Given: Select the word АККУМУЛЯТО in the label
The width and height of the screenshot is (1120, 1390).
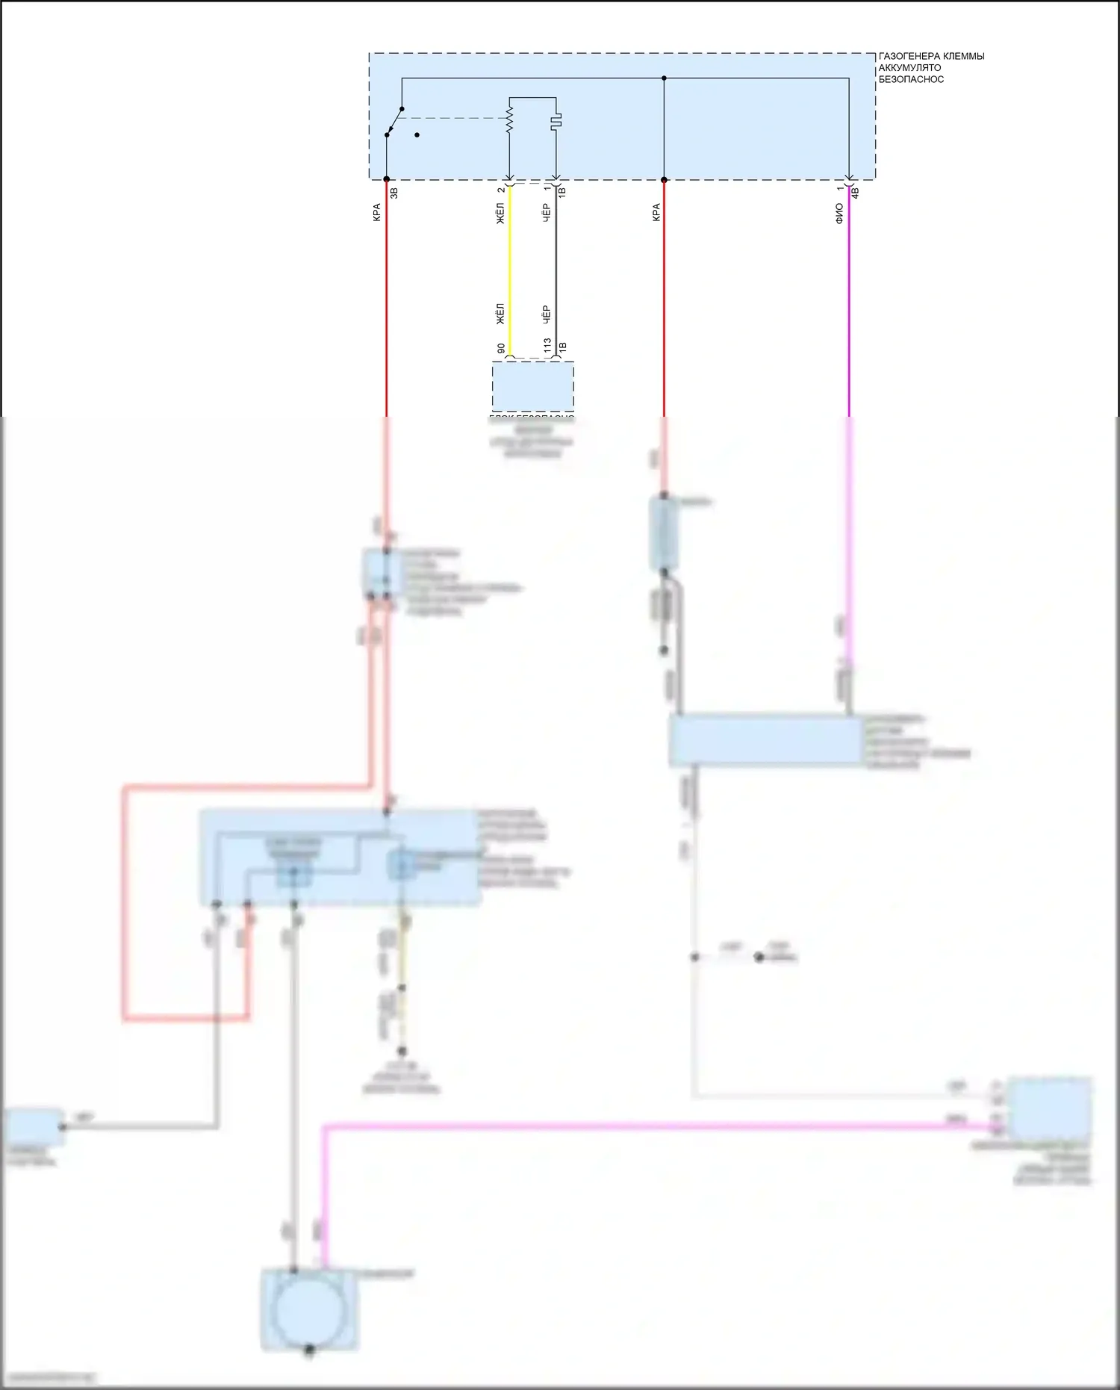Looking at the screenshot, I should [909, 68].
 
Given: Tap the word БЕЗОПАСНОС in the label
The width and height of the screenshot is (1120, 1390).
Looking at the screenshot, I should [911, 79].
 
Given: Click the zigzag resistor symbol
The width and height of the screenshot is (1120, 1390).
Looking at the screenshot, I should [510, 119].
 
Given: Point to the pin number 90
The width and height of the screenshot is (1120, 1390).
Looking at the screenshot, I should [501, 349].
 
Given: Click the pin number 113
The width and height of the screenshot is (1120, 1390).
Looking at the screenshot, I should [547, 345].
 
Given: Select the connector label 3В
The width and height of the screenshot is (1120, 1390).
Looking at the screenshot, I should [394, 192].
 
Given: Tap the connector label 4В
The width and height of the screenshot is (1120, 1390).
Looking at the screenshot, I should [856, 192].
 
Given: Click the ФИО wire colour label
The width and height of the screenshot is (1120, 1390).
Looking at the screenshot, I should [839, 213].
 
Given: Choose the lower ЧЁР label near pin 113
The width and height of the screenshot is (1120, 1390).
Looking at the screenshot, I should [547, 314].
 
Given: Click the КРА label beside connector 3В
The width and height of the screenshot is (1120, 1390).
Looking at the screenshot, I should [377, 212].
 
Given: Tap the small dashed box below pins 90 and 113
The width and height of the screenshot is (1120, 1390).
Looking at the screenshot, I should [532, 386].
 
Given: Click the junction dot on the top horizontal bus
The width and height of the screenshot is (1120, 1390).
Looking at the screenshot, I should [664, 78].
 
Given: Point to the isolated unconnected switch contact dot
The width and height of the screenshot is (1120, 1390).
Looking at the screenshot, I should [417, 135].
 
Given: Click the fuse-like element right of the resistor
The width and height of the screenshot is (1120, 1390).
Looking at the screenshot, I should [556, 120].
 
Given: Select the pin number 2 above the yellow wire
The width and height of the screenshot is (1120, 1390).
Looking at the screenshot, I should [501, 190].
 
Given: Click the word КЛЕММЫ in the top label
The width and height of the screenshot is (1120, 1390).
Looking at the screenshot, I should [964, 57].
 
